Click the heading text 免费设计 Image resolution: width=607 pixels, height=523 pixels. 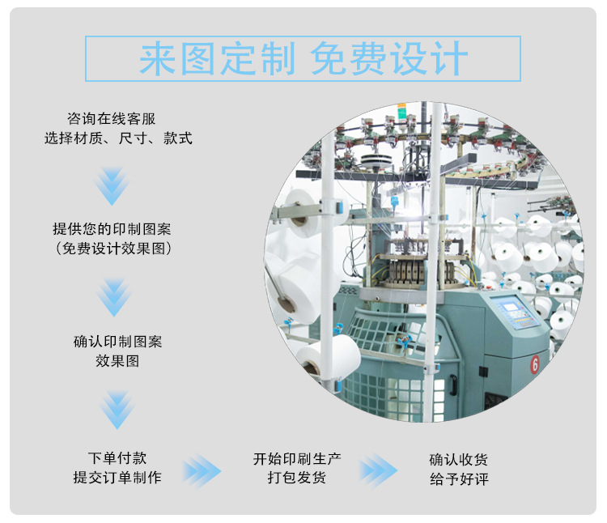click(389, 59)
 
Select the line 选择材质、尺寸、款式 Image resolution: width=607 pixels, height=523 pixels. click(118, 138)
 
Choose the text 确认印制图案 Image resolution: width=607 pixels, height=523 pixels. click(117, 342)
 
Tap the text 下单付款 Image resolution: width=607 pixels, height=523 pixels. click(117, 458)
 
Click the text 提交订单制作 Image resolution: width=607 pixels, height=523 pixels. click(117, 478)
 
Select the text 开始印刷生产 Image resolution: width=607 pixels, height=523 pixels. click(297, 458)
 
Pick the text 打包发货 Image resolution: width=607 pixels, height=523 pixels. click(297, 478)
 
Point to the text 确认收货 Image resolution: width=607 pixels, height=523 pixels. click(459, 458)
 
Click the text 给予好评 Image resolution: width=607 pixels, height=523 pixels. click(459, 478)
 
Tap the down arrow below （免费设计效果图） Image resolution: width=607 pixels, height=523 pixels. click(114, 297)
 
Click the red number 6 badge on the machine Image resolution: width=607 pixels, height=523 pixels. click(535, 364)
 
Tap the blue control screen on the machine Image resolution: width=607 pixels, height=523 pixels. click(514, 311)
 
